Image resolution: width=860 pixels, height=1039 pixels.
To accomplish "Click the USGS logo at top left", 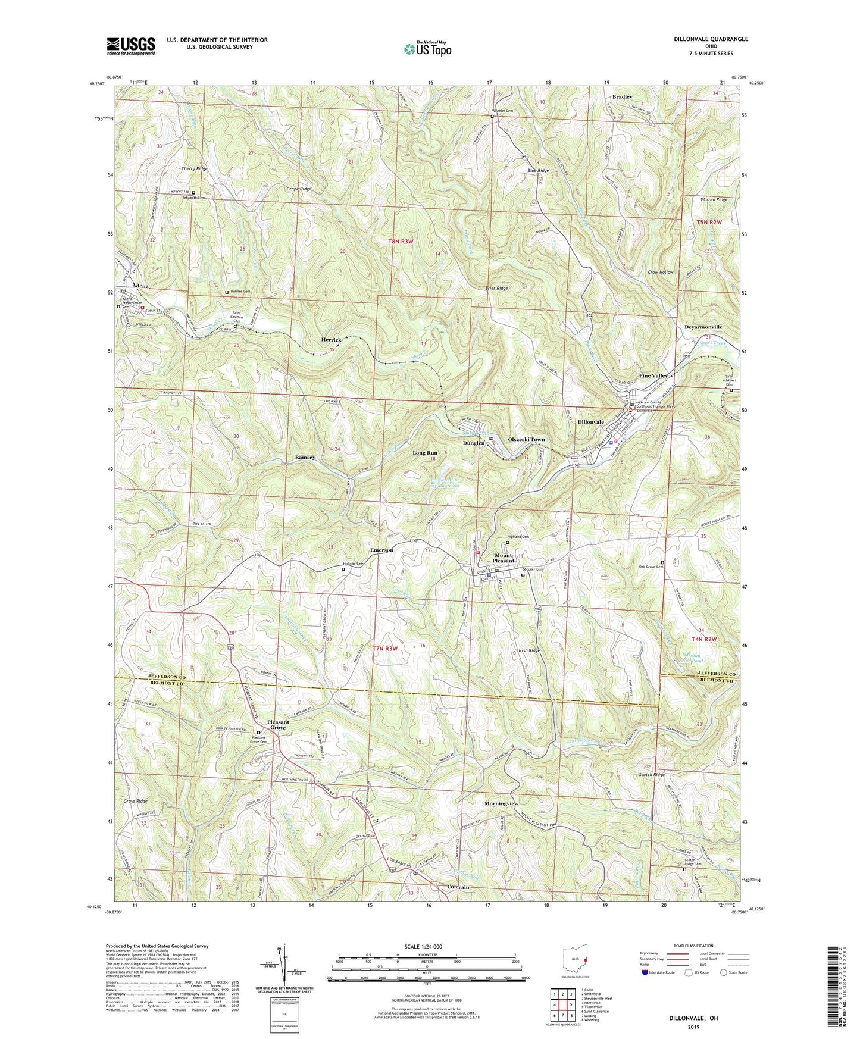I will coord(131,45).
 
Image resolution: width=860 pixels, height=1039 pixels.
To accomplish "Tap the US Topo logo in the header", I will coord(427,49).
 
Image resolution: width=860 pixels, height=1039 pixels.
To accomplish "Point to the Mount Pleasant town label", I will coord(503,558).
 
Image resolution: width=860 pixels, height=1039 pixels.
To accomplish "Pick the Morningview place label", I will coord(501,803).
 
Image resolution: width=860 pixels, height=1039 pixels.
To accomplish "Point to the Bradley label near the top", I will coord(623,96).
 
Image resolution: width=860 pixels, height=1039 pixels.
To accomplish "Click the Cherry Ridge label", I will coord(195,169).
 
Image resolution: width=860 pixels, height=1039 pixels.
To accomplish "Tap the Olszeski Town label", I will coord(526,439).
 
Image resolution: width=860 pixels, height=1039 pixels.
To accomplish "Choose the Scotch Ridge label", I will coord(651,775).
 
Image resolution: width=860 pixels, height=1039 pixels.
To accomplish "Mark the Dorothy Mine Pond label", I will coord(692,658).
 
